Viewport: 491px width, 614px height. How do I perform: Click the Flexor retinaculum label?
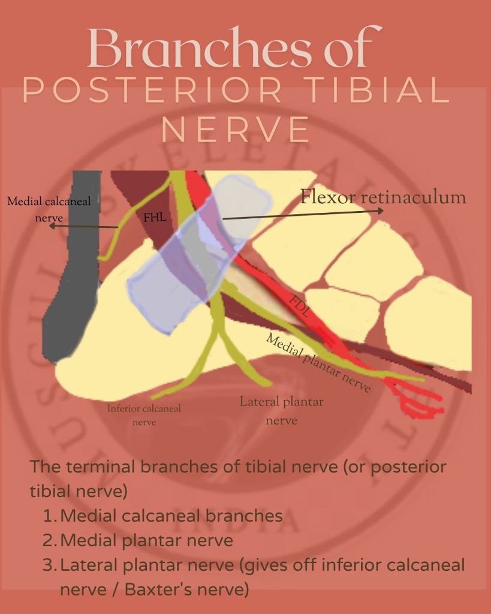(383, 197)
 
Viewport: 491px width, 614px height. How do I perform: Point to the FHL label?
(155, 218)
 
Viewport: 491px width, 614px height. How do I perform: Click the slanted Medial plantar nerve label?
(318, 363)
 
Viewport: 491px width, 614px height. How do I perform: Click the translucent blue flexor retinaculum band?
(186, 258)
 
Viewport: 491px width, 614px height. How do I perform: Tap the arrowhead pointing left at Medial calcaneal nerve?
(52, 227)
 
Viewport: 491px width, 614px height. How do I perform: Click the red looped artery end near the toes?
(423, 408)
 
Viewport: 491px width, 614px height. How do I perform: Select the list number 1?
(49, 516)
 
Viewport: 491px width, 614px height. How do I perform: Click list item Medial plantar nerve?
(146, 540)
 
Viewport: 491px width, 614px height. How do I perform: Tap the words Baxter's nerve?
(186, 589)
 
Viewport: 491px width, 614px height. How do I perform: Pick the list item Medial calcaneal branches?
(171, 516)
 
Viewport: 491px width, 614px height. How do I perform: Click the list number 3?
(49, 565)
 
